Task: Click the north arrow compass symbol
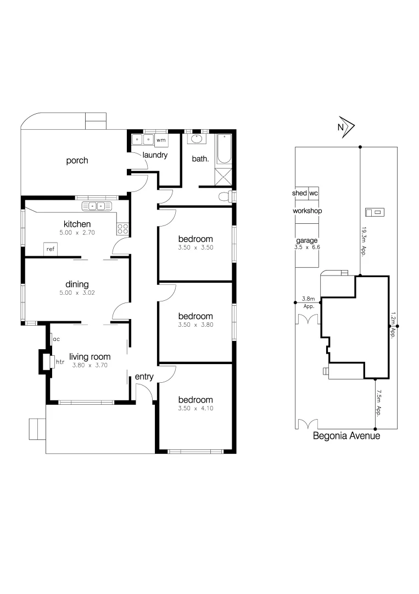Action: pyautogui.click(x=345, y=127)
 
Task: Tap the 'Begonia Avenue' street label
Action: pyautogui.click(x=346, y=436)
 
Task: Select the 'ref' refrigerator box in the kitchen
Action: pyautogui.click(x=51, y=249)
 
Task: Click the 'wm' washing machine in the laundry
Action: pyautogui.click(x=160, y=140)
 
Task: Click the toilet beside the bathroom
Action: pyautogui.click(x=226, y=196)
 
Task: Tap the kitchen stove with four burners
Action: pyautogui.click(x=122, y=228)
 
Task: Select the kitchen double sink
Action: pyautogui.click(x=97, y=206)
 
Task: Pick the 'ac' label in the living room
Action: pyautogui.click(x=57, y=339)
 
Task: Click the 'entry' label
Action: pyautogui.click(x=144, y=377)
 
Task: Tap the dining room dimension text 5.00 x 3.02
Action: pyautogui.click(x=77, y=293)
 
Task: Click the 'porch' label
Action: pyautogui.click(x=77, y=161)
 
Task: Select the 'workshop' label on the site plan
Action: pyautogui.click(x=307, y=211)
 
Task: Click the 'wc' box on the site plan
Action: pyautogui.click(x=313, y=194)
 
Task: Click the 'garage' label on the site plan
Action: pyautogui.click(x=307, y=241)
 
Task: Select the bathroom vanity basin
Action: pyautogui.click(x=196, y=139)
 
